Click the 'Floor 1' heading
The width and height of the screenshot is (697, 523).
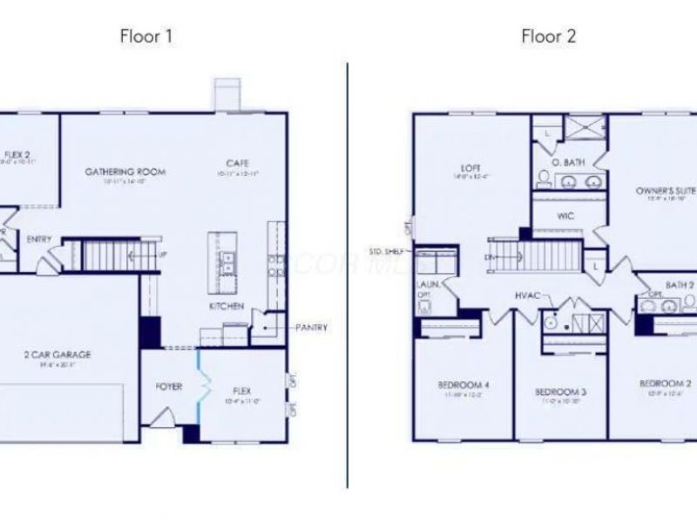click(x=145, y=37)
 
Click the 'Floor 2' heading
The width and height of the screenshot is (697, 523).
click(x=549, y=37)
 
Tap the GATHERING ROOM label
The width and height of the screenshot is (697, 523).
click(x=125, y=172)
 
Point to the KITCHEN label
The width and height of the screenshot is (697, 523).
click(x=225, y=307)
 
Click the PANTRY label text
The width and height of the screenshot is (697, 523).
click(x=311, y=328)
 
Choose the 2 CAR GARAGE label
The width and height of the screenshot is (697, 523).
click(x=57, y=355)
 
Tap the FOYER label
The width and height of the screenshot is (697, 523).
click(x=169, y=386)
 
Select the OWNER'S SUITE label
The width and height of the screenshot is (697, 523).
click(x=665, y=189)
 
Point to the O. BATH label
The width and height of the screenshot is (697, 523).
click(x=568, y=162)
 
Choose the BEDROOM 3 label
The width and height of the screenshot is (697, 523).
click(x=558, y=391)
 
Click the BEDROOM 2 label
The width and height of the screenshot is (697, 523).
click(x=665, y=384)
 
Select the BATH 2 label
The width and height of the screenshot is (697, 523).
click(x=680, y=285)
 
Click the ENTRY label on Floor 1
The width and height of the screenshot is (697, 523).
click(x=38, y=239)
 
